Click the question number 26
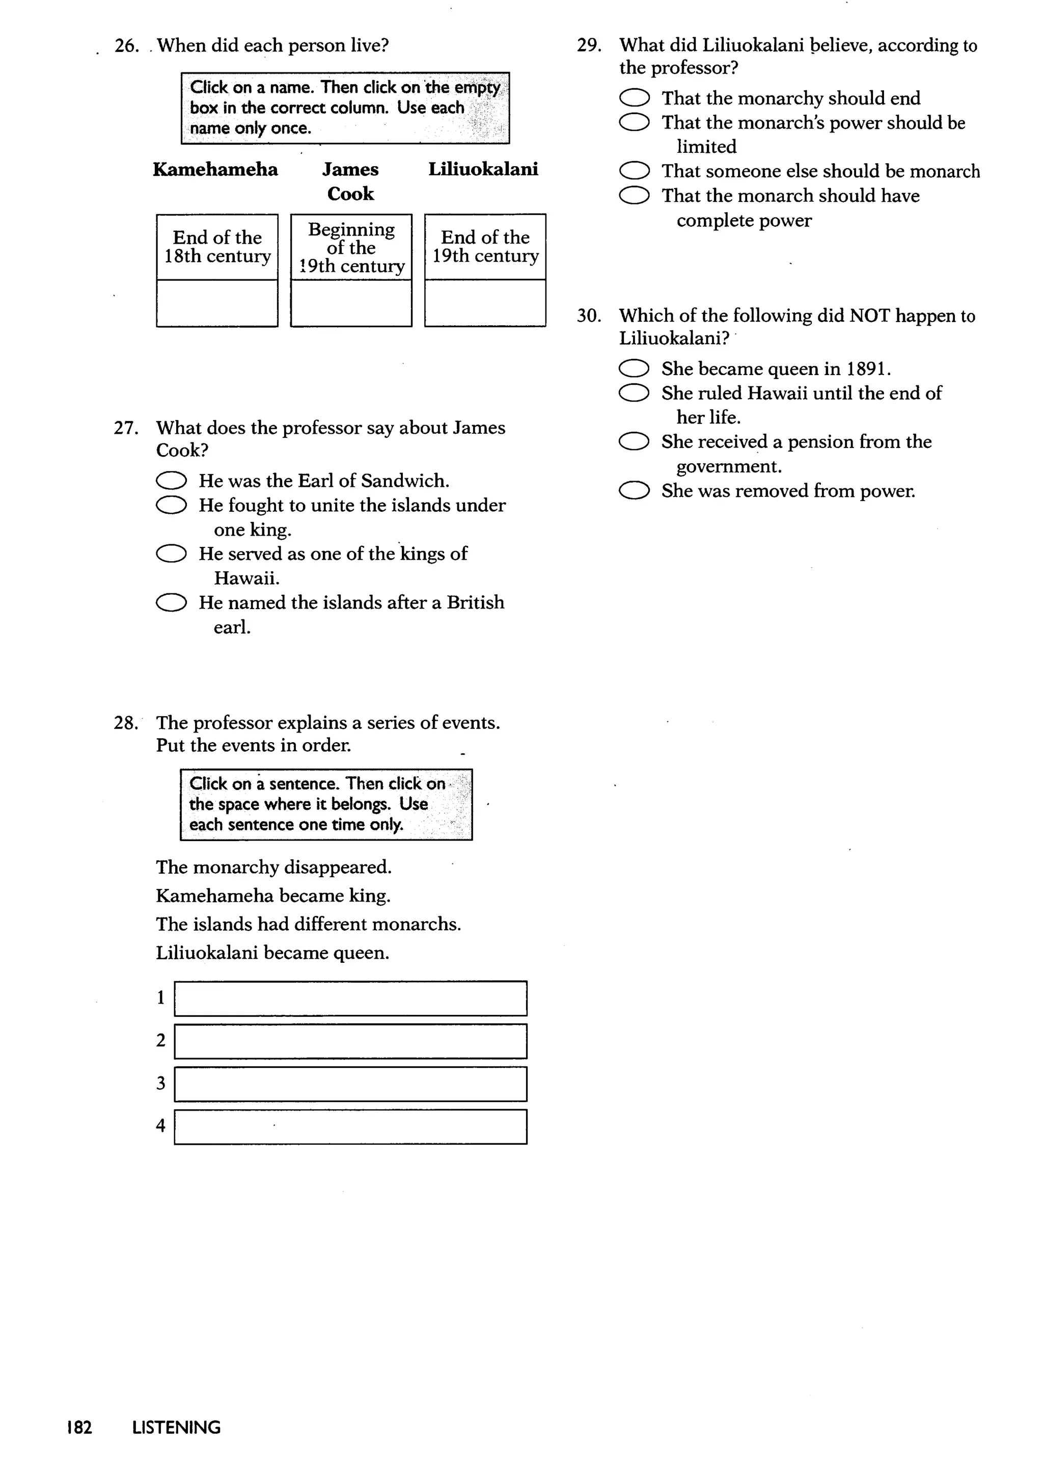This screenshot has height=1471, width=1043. tap(126, 46)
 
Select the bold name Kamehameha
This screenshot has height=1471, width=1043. tap(215, 170)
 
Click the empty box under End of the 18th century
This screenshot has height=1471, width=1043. tap(217, 303)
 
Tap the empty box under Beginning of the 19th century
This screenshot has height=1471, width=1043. tap(351, 303)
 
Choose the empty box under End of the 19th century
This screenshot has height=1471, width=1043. tap(485, 303)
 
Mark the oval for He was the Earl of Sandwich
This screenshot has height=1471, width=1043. tap(172, 481)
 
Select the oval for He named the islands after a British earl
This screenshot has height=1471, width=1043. tap(172, 603)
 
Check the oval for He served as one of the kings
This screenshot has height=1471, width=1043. tap(172, 554)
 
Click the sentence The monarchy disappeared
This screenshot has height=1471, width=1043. tap(273, 868)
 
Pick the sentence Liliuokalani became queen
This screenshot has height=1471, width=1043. tap(272, 953)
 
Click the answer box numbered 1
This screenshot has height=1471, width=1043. tap(351, 999)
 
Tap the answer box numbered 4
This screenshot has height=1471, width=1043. tap(351, 1126)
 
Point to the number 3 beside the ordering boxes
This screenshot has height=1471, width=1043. tap(160, 1084)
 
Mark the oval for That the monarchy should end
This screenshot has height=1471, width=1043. tap(635, 98)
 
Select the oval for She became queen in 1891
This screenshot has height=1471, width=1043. tap(635, 369)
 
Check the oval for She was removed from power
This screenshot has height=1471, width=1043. tap(635, 491)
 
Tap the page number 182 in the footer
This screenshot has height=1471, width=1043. tap(79, 1428)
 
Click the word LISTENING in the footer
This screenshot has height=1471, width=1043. tap(176, 1428)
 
